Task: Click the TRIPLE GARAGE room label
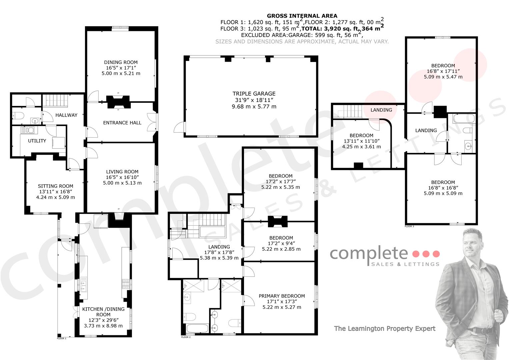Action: click(x=254, y=94)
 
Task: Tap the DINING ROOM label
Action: click(x=121, y=62)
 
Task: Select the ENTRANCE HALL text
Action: click(x=122, y=123)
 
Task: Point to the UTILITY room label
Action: click(x=37, y=141)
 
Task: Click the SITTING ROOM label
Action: click(x=55, y=186)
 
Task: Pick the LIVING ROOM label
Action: click(x=122, y=172)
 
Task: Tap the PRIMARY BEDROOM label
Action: click(x=282, y=296)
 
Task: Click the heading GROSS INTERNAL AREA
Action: click(x=302, y=16)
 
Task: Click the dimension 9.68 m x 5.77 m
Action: click(x=254, y=106)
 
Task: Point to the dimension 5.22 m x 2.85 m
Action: click(x=281, y=249)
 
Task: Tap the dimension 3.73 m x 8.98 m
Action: click(x=103, y=326)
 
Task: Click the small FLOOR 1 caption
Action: click(x=62, y=338)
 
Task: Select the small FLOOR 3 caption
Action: click(x=409, y=226)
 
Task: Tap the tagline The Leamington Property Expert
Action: click(x=385, y=328)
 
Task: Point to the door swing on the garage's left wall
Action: click(x=179, y=127)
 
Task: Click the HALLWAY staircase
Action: click(x=55, y=101)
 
